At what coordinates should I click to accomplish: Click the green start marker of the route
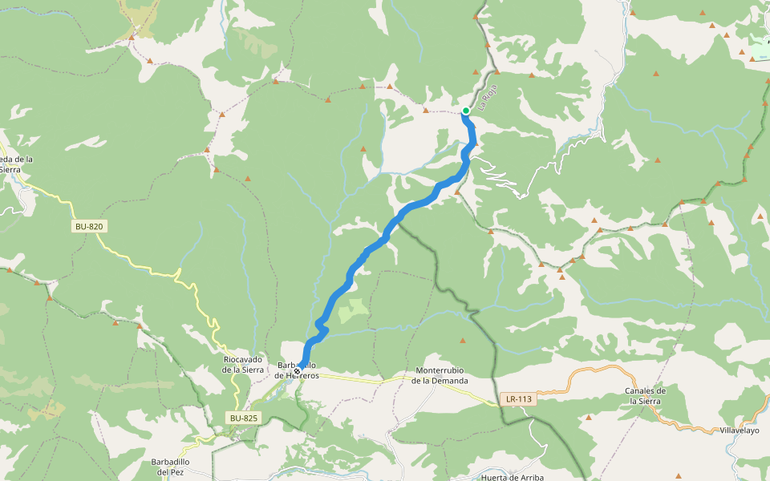pos(465,111)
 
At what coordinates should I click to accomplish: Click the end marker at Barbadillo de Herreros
pos(298,370)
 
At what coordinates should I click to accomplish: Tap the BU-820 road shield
pos(89,227)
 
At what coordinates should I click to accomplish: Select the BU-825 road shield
pos(244,418)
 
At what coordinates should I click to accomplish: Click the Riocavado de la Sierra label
pos(242,365)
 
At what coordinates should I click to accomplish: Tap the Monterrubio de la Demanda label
pos(440,375)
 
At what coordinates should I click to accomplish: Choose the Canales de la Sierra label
pos(646,395)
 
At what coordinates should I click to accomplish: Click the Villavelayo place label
pos(739,430)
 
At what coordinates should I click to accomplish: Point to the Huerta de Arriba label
pos(513,477)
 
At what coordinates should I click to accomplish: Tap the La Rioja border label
pos(488,97)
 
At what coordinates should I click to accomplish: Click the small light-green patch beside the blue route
pos(353,309)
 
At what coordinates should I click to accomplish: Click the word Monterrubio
pos(440,370)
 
